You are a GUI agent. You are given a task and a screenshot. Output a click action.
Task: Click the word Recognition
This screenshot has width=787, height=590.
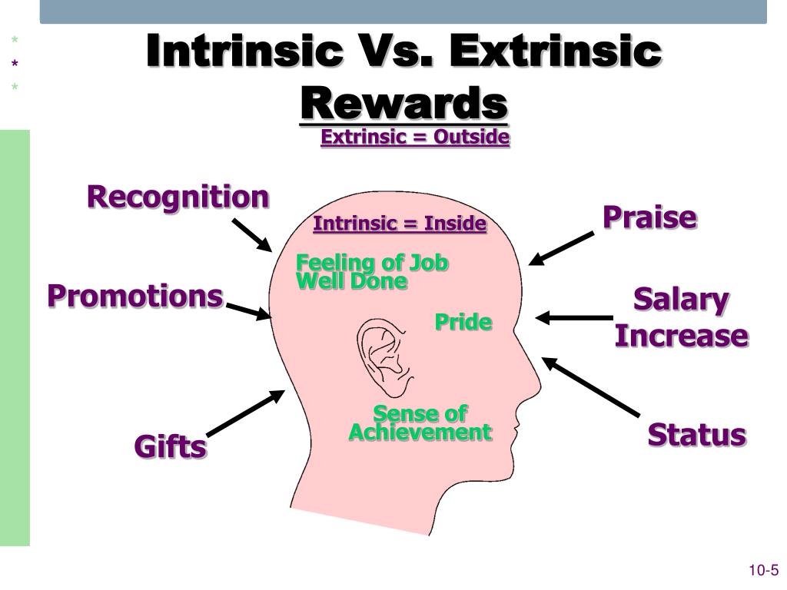(x=178, y=197)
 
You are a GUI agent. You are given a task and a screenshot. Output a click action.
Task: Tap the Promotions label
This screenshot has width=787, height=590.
(x=135, y=296)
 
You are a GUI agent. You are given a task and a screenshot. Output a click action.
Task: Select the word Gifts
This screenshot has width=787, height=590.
(x=170, y=446)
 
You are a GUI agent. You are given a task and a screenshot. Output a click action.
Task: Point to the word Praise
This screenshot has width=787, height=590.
(x=650, y=217)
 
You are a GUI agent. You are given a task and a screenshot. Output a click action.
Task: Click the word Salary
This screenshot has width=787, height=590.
(x=681, y=300)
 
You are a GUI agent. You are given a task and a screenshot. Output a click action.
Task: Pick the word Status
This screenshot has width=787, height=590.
(x=696, y=435)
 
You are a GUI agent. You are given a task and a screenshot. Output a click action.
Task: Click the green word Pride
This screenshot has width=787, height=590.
(x=463, y=322)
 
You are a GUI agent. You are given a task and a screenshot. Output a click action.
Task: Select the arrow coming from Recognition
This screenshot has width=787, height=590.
(x=252, y=235)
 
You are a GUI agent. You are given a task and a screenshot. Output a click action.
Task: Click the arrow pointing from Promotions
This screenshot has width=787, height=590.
(x=249, y=311)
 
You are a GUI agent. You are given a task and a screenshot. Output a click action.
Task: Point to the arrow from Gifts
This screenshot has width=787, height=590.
(x=245, y=413)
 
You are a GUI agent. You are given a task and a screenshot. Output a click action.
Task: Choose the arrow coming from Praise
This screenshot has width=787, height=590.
(x=561, y=248)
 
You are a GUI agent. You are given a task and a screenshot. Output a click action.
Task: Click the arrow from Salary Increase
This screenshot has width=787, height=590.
(x=574, y=318)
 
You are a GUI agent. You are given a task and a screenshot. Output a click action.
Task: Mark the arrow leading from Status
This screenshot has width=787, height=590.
(x=591, y=387)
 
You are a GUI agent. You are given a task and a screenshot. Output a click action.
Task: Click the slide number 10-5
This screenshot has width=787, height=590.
(x=764, y=571)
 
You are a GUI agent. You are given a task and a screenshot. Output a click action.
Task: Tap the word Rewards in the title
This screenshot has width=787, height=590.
(x=404, y=104)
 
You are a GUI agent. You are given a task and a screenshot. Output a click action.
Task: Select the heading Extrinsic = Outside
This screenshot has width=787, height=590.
(x=415, y=137)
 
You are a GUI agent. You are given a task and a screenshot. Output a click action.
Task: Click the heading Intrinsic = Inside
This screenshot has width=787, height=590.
(x=400, y=224)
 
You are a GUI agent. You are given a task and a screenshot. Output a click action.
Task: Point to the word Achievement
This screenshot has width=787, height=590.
(x=420, y=433)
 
